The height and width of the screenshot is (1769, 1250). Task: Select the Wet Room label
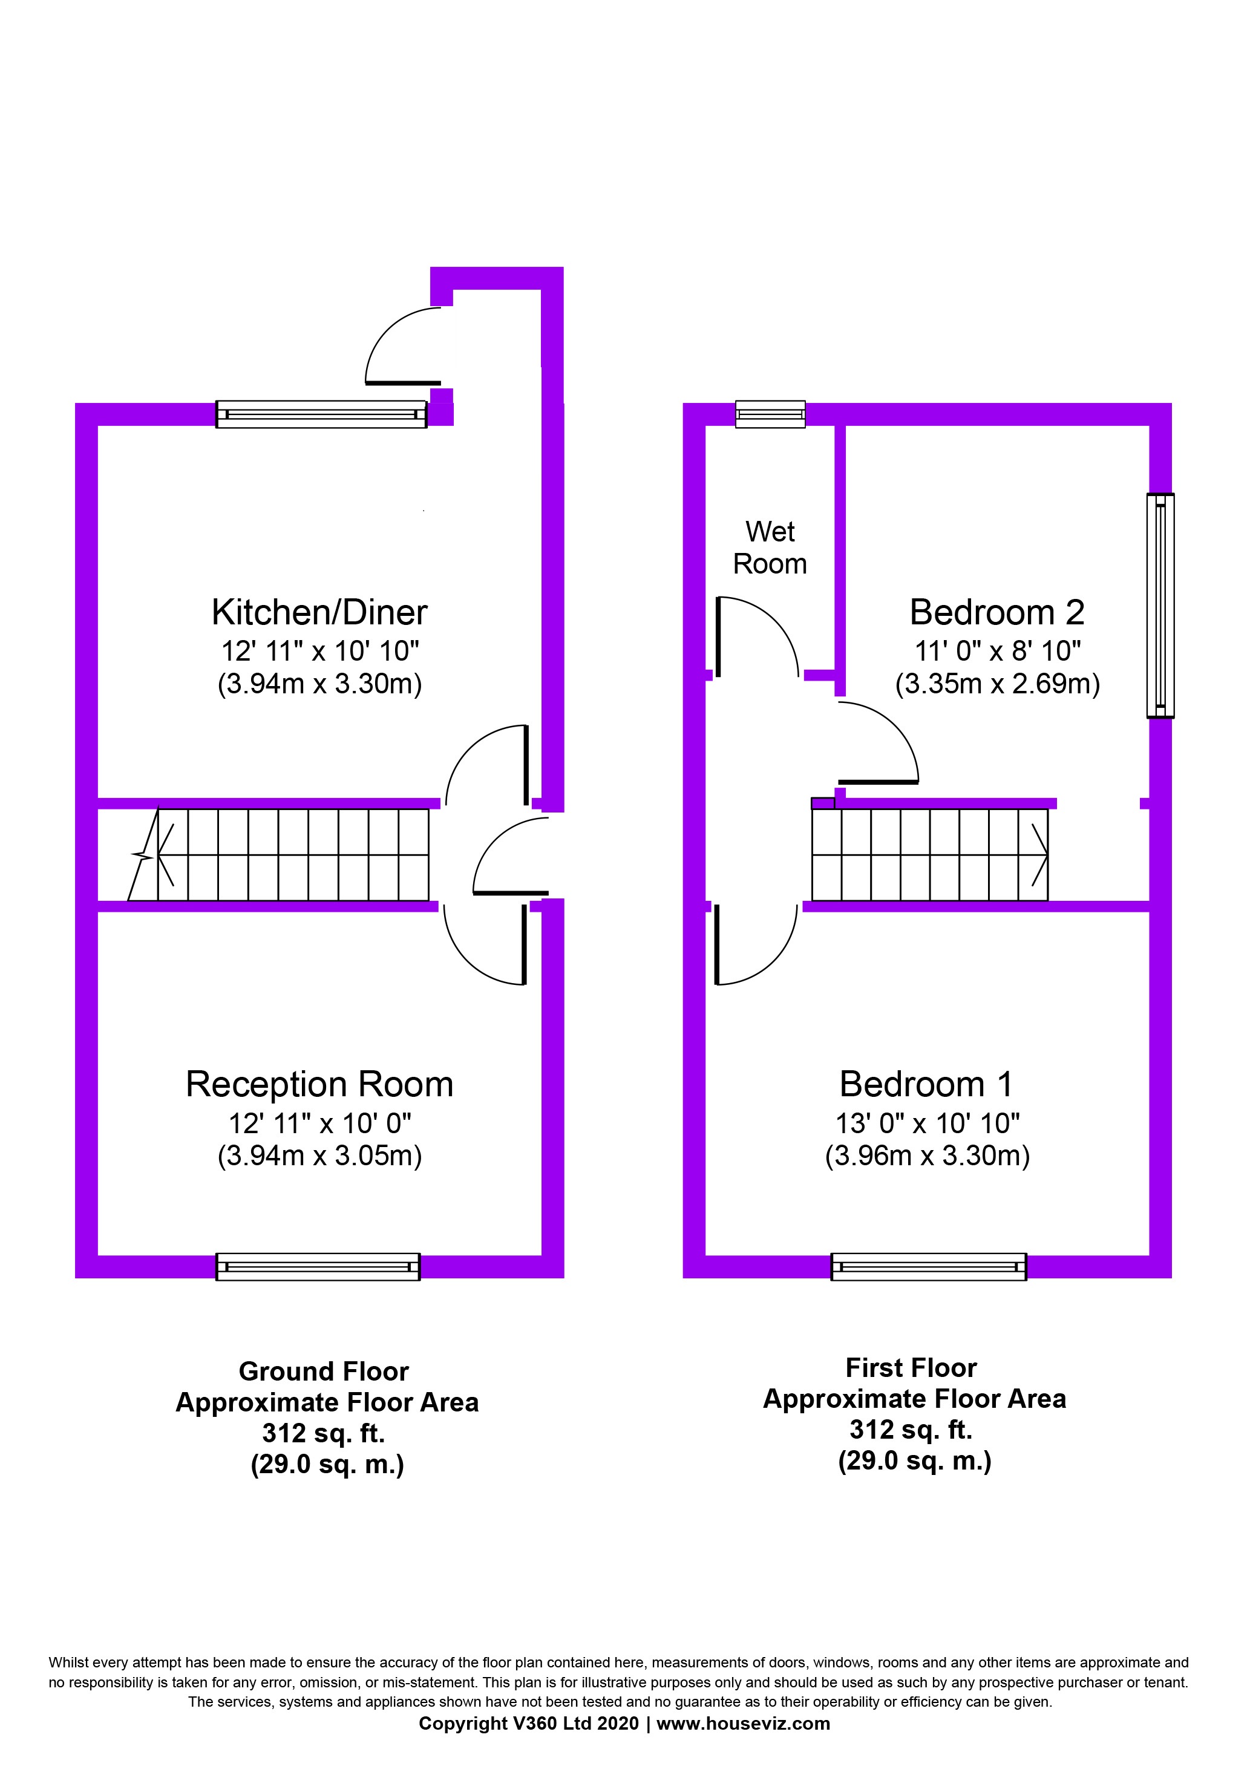tap(770, 548)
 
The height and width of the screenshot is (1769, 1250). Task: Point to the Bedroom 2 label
tap(996, 612)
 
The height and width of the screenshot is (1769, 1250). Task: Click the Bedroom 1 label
tap(926, 1084)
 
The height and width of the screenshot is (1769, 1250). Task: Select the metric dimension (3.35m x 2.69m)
tap(997, 684)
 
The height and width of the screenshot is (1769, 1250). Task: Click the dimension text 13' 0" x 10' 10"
tap(927, 1123)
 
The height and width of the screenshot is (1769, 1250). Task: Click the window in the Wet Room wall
tap(770, 414)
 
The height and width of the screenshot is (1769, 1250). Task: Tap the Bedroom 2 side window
tap(1160, 606)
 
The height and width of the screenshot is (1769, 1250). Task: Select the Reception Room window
tap(318, 1267)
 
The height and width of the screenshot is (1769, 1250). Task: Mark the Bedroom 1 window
tap(928, 1267)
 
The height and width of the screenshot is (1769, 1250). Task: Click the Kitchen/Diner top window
tap(321, 414)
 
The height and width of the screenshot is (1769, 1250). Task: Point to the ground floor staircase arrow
tap(164, 855)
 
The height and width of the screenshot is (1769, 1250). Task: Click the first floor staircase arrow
tap(1039, 855)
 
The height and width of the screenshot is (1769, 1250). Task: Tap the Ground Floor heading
tap(323, 1372)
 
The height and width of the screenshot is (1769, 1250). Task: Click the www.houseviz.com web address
tap(743, 1724)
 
